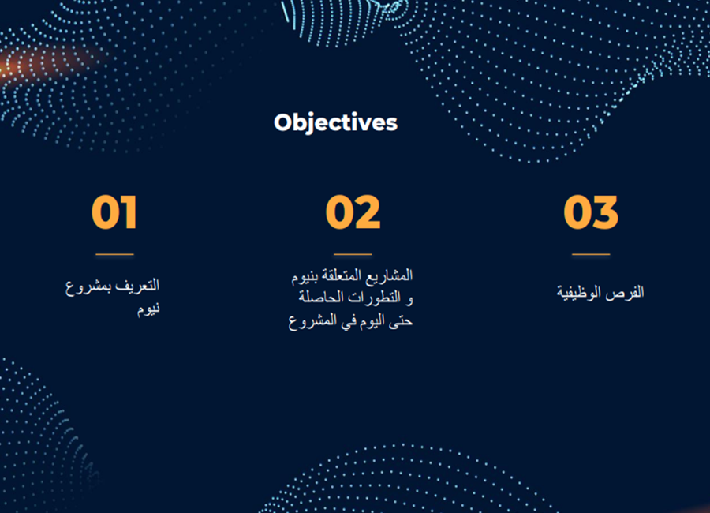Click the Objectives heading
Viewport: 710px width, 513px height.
click(x=335, y=123)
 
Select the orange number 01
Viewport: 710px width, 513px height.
click(x=114, y=212)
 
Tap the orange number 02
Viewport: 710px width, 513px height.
click(x=353, y=212)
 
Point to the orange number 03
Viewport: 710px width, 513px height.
click(x=591, y=212)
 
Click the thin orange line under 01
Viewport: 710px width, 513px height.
click(x=114, y=254)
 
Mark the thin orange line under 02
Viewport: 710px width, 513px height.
click(x=353, y=254)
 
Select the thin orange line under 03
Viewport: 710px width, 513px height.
click(x=591, y=254)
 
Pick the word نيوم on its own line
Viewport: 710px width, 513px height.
click(x=148, y=309)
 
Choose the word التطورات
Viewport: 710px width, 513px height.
click(x=379, y=298)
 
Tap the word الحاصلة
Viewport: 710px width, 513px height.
click(x=326, y=298)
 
